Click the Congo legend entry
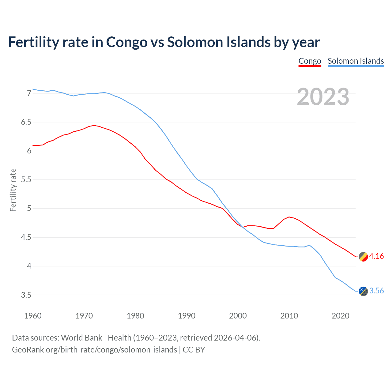click(x=310, y=61)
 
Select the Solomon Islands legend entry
click(x=356, y=61)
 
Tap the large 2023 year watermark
click(x=323, y=97)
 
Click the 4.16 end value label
click(x=376, y=256)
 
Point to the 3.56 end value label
click(x=376, y=291)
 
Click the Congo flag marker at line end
click(x=363, y=257)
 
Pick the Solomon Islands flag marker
click(x=363, y=291)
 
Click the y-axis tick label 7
click(x=29, y=93)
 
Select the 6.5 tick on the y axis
click(x=26, y=122)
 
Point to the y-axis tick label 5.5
click(x=26, y=180)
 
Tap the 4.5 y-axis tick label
click(x=26, y=237)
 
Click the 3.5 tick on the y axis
click(x=26, y=295)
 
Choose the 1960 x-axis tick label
click(x=33, y=316)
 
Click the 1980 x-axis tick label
click(x=135, y=316)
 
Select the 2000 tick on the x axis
click(x=238, y=316)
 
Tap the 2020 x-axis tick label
click(x=340, y=316)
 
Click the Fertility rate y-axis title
click(x=13, y=190)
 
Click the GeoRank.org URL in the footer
click(x=94, y=350)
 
